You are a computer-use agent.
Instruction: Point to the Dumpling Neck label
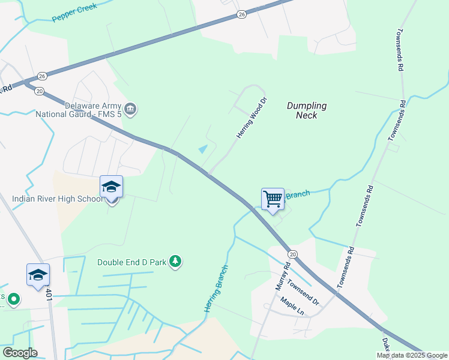[306, 110]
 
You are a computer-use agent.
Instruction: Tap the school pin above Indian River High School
[111, 187]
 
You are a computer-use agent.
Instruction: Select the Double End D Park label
[132, 262]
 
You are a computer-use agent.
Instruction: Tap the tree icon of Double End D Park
[175, 261]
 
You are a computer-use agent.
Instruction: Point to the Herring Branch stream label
[215, 288]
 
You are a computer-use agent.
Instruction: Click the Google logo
[19, 352]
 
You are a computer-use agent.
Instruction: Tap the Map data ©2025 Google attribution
[411, 355]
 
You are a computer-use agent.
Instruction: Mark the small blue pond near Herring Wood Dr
[203, 149]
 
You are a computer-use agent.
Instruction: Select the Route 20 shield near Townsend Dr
[292, 254]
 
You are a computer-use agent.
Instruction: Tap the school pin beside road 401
[38, 275]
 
